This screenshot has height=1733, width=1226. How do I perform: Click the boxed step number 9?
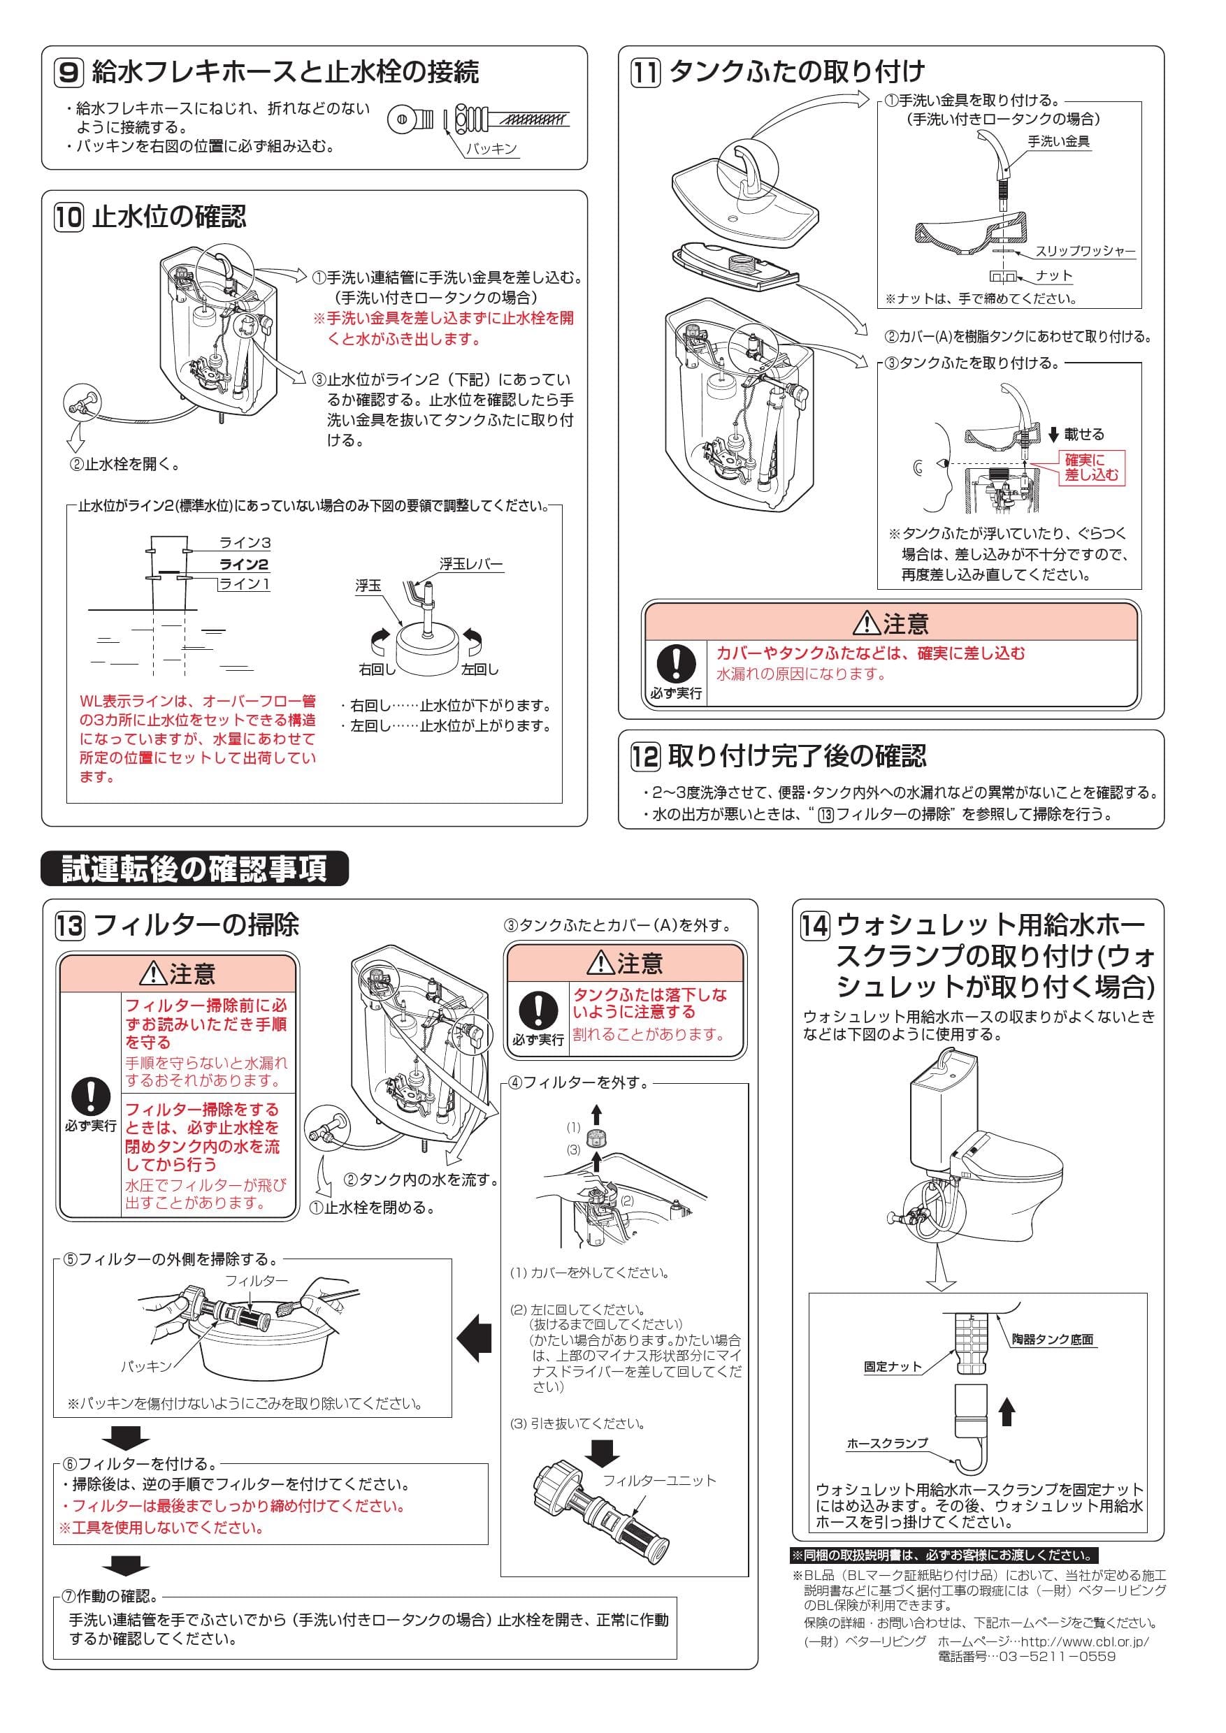tap(68, 73)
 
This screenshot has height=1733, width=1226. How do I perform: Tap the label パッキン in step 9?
tap(491, 149)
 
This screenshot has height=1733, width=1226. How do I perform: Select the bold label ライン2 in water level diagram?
tap(244, 564)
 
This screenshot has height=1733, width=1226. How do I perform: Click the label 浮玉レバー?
tap(471, 564)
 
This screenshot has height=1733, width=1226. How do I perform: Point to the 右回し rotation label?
tap(377, 669)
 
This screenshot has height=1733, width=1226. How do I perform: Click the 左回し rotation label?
tap(479, 669)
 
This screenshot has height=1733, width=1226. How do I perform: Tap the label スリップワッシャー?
tap(1085, 252)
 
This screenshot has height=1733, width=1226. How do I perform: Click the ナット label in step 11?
tap(1054, 275)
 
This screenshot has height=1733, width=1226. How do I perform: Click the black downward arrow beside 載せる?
tap(1054, 435)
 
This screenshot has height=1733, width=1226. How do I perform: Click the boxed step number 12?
tap(645, 755)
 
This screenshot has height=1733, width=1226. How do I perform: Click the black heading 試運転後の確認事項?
tap(195, 868)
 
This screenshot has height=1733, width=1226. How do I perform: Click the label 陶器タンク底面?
tap(1053, 1339)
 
